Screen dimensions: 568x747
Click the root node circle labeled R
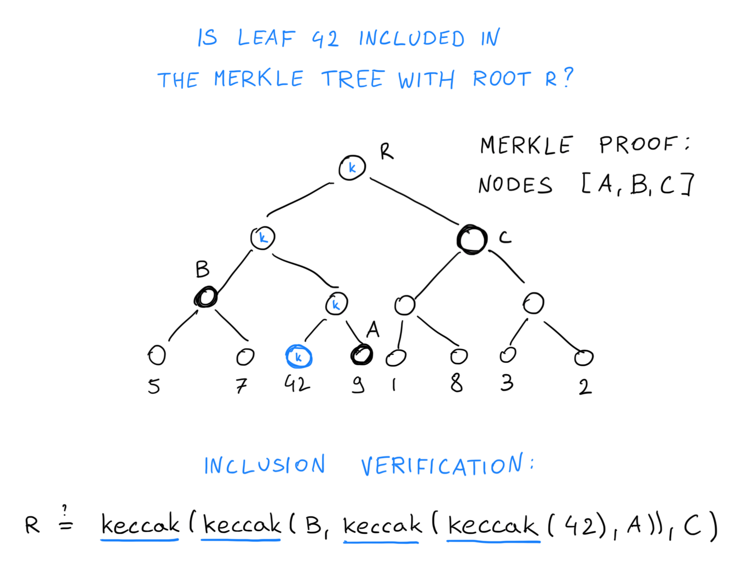pos(352,168)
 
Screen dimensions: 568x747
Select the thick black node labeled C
pos(472,239)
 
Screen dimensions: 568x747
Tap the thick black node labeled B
pos(206,297)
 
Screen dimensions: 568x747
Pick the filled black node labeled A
pos(362,355)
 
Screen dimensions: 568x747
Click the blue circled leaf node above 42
pos(298,357)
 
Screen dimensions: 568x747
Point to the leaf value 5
pos(154,386)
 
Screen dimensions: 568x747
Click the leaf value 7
pos(242,385)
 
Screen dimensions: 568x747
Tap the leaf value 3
pos(507,383)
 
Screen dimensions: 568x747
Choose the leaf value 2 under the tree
pos(585,386)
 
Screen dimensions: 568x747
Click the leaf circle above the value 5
pos(157,355)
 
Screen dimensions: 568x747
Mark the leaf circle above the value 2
pos(583,357)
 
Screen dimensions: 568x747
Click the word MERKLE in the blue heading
pos(258,79)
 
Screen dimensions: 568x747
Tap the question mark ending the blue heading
pos(568,77)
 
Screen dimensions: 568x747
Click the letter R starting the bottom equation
pos(32,525)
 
